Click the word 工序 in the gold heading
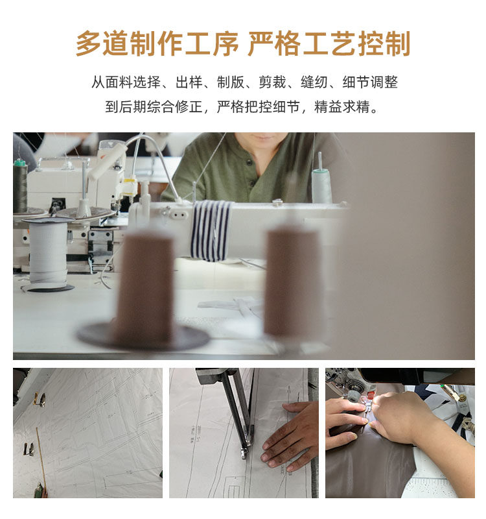pyautogui.click(x=211, y=43)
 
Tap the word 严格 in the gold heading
pyautogui.click(x=274, y=43)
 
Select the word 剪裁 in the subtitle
pyautogui.click(x=272, y=82)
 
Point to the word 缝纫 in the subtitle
pyautogui.click(x=314, y=82)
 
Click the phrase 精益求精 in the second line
pyautogui.click(x=342, y=106)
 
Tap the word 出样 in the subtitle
pyautogui.click(x=189, y=82)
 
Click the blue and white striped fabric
pyautogui.click(x=211, y=230)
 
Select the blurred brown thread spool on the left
pyautogui.click(x=144, y=285)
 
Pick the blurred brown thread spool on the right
pyautogui.click(x=292, y=282)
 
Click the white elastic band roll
pyautogui.click(x=48, y=252)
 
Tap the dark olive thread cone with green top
pyautogui.click(x=20, y=186)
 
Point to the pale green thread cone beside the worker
pyautogui.click(x=321, y=186)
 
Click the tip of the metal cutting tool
pyautogui.click(x=244, y=457)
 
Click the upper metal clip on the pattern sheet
pyautogui.click(x=40, y=399)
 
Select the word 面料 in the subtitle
pyautogui.click(x=119, y=82)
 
